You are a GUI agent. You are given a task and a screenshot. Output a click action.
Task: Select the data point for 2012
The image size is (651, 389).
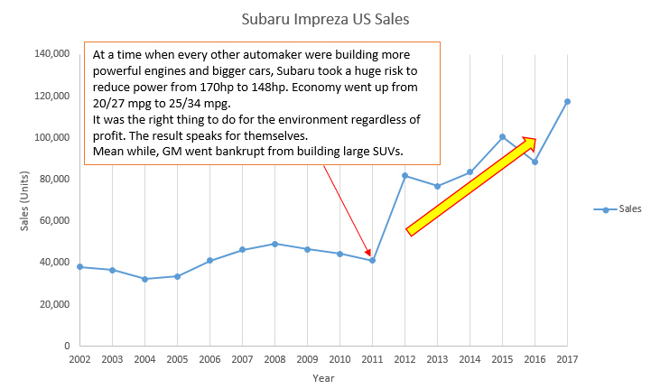point(405,175)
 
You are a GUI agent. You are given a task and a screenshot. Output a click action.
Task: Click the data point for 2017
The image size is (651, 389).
point(567,101)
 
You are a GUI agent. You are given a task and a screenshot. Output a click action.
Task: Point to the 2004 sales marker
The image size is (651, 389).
point(144,279)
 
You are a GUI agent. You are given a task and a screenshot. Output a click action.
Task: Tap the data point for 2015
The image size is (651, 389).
point(502,137)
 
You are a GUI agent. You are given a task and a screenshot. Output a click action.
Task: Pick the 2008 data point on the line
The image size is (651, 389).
point(274,244)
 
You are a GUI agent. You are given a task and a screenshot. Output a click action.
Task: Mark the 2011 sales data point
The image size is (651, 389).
point(372,260)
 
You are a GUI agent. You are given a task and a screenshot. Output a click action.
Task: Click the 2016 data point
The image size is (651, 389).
point(535,162)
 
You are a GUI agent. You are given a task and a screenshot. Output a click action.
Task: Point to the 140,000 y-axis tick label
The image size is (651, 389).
point(52,54)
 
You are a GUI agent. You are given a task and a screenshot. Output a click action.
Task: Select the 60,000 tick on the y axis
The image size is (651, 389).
point(55,220)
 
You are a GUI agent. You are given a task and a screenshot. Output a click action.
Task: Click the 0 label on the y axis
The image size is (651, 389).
point(67,346)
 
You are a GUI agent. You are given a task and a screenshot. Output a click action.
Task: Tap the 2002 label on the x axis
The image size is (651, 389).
point(79,360)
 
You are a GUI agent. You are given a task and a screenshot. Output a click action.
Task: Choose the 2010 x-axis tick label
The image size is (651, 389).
point(339,360)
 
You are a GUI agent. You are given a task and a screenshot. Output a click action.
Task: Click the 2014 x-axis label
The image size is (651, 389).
point(470,360)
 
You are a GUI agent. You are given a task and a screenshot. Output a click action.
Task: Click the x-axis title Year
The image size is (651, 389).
point(323,378)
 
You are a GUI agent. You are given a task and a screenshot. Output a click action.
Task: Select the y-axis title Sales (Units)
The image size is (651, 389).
point(25,199)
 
